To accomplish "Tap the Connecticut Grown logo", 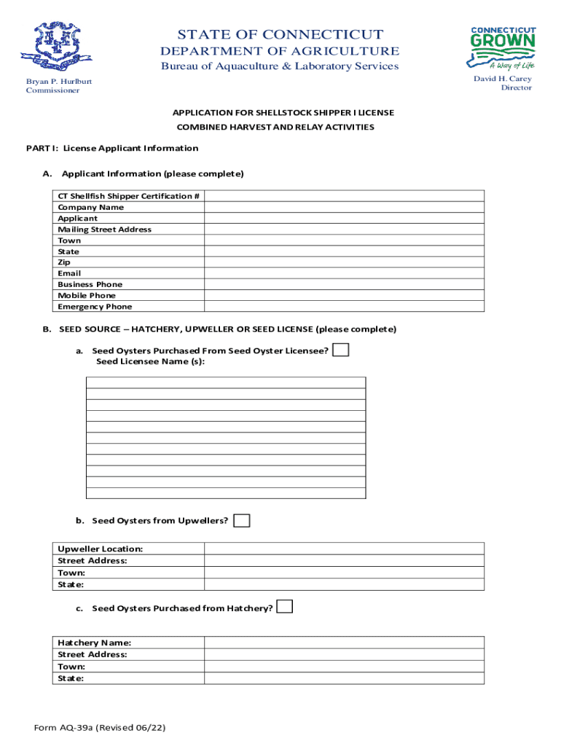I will coord(503,48).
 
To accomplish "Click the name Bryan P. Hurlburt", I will coord(59,81).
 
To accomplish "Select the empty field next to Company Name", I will coord(344,208).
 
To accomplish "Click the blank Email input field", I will coord(344,274).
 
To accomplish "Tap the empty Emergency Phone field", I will coord(344,307).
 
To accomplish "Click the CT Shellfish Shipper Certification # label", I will coord(129,197).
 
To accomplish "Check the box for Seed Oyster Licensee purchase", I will coord(340,350).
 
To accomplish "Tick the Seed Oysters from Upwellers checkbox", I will coord(242,520).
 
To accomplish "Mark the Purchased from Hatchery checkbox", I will coord(285,607).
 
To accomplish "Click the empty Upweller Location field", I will coord(344,549).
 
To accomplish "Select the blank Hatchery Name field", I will coord(344,643).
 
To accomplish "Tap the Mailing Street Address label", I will coord(105,229).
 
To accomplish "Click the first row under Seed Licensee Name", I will coord(226,382).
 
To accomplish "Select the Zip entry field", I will coord(344,263).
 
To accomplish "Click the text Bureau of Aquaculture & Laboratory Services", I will coord(280,66).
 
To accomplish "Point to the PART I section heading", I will coord(112,149).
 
